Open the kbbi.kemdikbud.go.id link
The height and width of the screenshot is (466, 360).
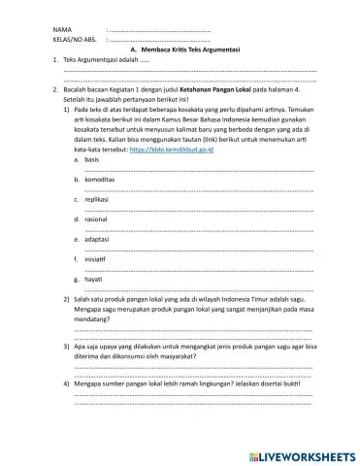[x=174, y=151]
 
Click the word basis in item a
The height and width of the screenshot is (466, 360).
[x=93, y=160]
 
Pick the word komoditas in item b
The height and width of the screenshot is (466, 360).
[x=101, y=180]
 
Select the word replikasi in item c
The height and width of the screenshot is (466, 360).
[x=98, y=199]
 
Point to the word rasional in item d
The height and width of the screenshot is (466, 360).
[x=97, y=218]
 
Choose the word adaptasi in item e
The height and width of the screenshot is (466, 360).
[x=98, y=238]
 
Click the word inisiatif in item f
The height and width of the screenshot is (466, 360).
[x=97, y=258]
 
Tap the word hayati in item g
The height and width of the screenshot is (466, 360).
[x=94, y=279]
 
